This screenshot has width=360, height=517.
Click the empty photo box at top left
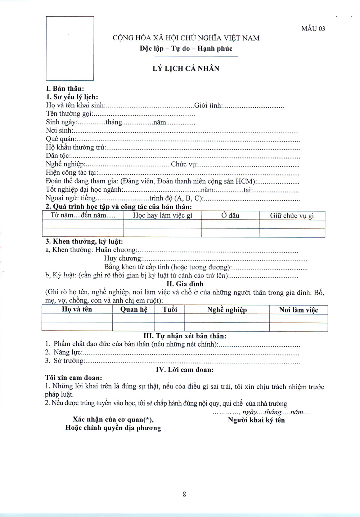tap(69, 48)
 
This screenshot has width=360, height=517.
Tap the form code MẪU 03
tap(313, 29)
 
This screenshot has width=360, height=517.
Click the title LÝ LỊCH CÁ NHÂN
tap(186, 68)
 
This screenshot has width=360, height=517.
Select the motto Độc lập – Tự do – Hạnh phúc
tap(186, 49)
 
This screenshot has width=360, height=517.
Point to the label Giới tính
tap(208, 106)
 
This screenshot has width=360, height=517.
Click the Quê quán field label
tap(60, 139)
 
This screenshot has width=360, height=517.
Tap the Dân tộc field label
tap(58, 156)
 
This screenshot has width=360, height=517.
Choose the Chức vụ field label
tap(184, 164)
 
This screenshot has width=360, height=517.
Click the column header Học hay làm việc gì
tap(162, 215)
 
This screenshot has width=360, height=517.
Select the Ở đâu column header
tap(230, 215)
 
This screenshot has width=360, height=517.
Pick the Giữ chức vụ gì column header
tap(292, 215)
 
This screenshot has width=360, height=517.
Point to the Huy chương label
tap(123, 258)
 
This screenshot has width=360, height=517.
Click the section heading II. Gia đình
tap(185, 284)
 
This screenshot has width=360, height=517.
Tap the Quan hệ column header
tap(134, 309)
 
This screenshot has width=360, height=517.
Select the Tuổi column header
tap(170, 309)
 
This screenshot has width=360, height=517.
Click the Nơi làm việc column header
tap(298, 309)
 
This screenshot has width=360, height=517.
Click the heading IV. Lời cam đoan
tap(184, 370)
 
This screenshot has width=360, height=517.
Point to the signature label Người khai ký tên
tap(256, 420)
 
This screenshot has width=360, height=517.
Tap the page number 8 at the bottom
tap(184, 494)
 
